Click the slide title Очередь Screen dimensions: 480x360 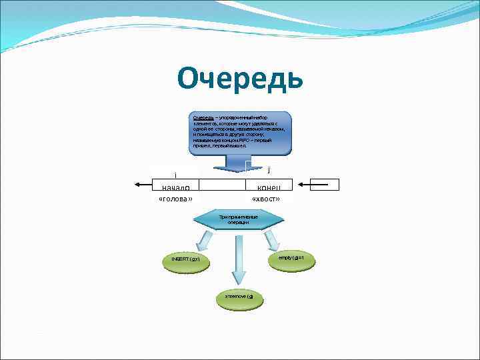pos(240,79)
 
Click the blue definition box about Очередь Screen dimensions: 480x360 pos(239,133)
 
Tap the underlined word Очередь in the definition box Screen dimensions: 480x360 pos(204,118)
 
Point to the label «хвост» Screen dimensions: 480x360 pos(265,199)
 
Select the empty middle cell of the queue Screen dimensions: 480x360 pos(223,185)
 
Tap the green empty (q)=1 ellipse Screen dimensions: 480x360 pos(286,257)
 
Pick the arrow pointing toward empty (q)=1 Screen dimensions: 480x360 pos(269,239)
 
